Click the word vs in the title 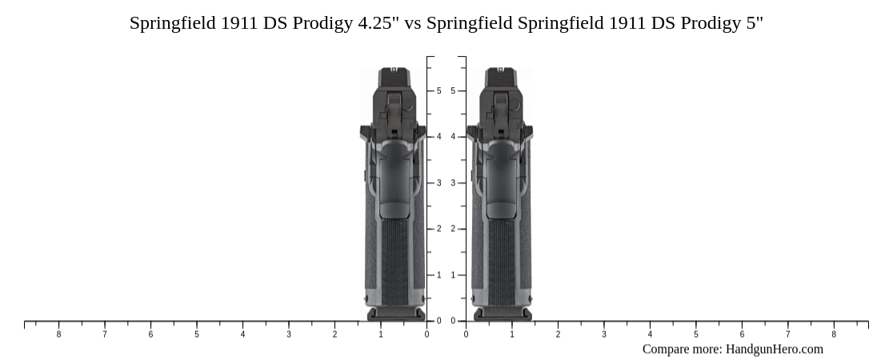(x=413, y=23)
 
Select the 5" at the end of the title (x=754, y=23)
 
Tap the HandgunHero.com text (x=774, y=349)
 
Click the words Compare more (x=681, y=349)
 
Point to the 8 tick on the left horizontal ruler (x=58, y=334)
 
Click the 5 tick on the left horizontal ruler (x=197, y=334)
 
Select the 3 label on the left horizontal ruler (x=289, y=334)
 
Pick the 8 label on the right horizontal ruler (x=834, y=334)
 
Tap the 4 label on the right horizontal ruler (x=650, y=334)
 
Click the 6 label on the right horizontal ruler (x=742, y=334)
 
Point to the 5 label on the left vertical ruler (x=438, y=91)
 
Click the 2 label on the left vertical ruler (x=438, y=230)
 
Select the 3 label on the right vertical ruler (x=453, y=183)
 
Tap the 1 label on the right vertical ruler (x=453, y=275)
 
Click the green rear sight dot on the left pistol (x=393, y=70)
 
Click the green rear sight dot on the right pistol (x=500, y=70)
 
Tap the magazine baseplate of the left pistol (x=394, y=314)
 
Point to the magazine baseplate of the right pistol (x=502, y=314)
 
